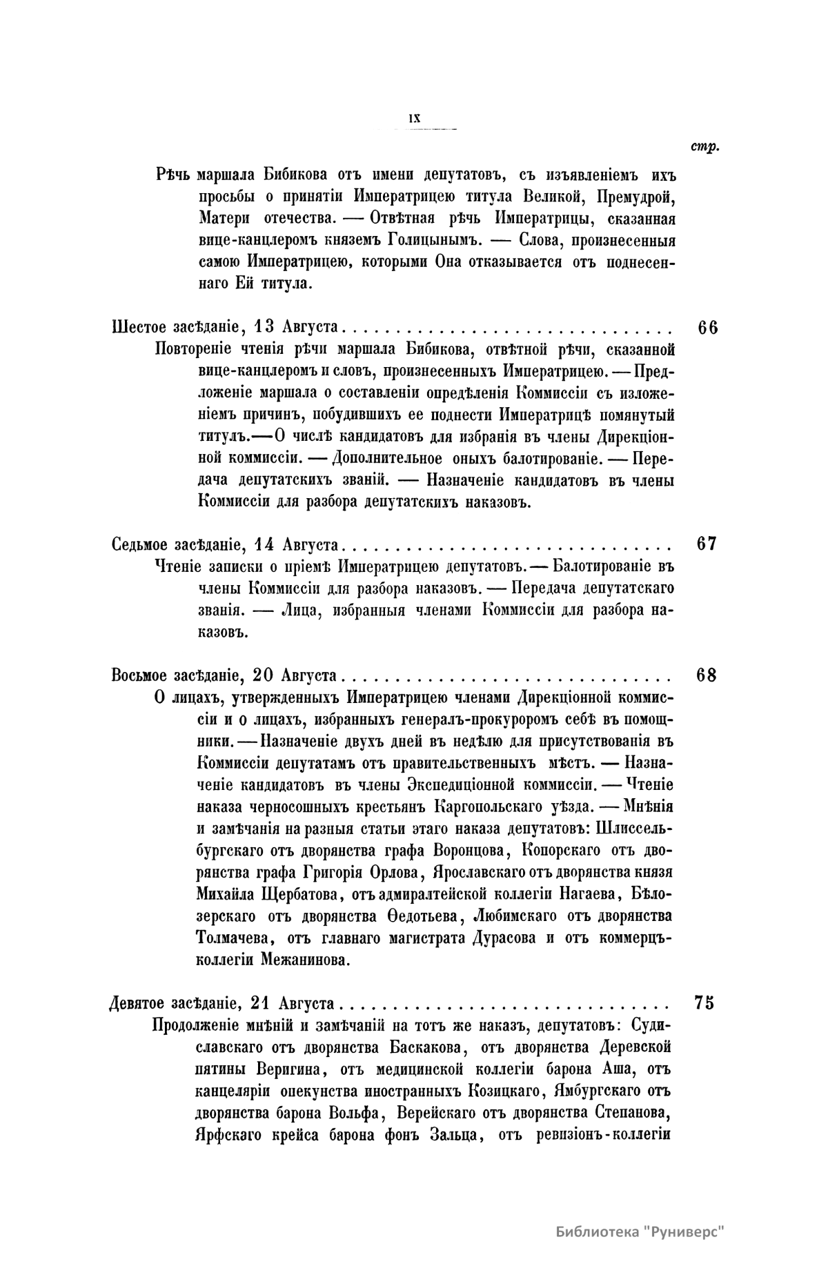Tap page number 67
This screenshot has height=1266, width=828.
[707, 544]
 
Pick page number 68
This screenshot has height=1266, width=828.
[707, 674]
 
